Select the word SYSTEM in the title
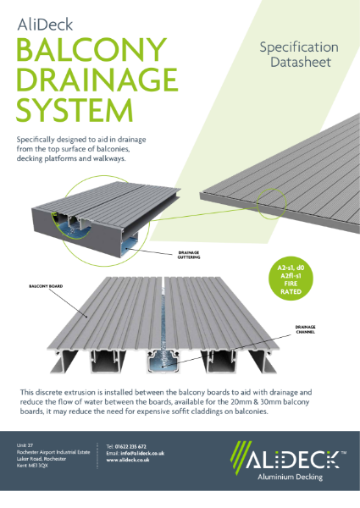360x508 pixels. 75,111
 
